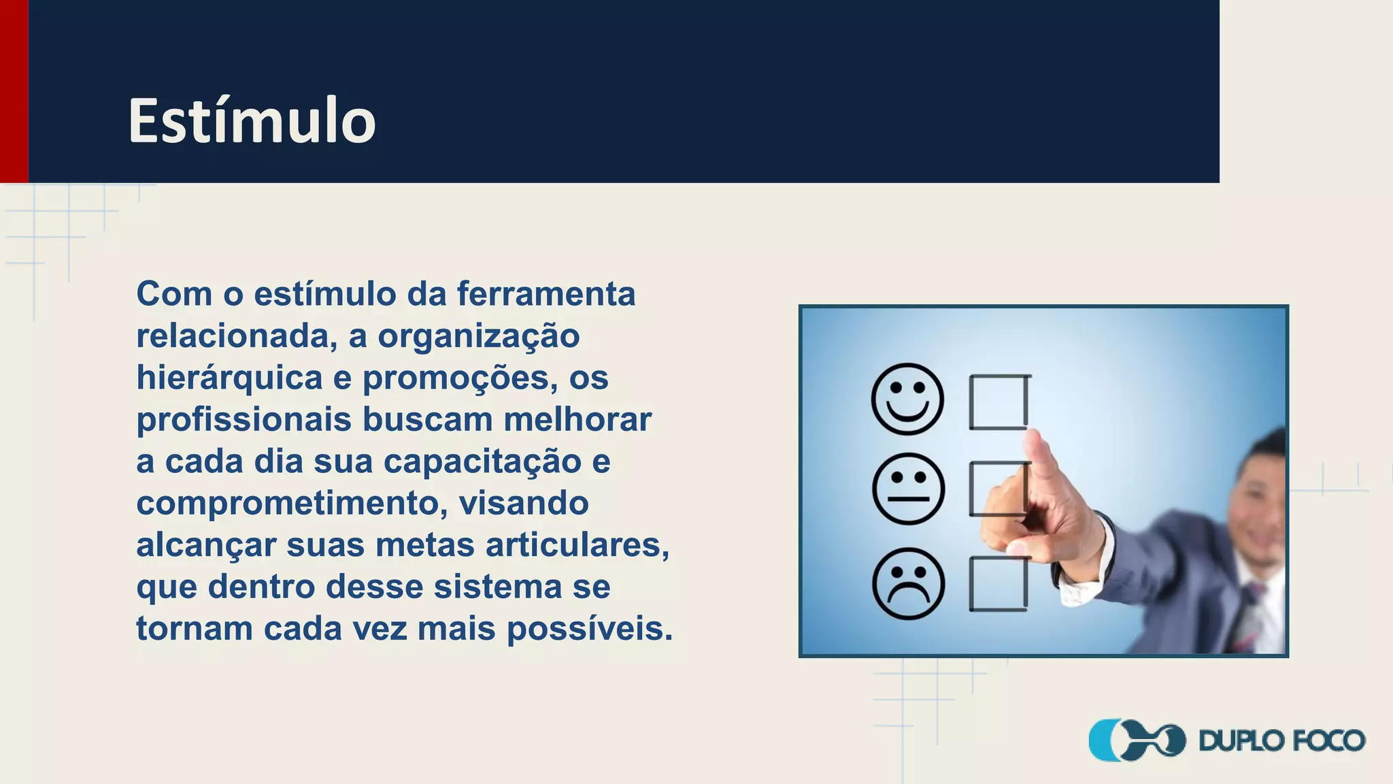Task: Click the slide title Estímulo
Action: click(252, 121)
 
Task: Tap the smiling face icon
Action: click(907, 399)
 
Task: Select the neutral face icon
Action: click(908, 489)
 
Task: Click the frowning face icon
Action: click(908, 584)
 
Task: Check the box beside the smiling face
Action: click(998, 402)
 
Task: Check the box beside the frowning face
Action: click(998, 584)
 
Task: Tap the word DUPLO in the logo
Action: click(1241, 740)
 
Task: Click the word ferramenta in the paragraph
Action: click(546, 294)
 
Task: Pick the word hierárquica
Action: click(229, 378)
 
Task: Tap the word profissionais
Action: click(244, 420)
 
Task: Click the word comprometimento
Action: click(292, 504)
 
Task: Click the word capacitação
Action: click(482, 462)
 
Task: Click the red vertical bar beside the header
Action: click(14, 91)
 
